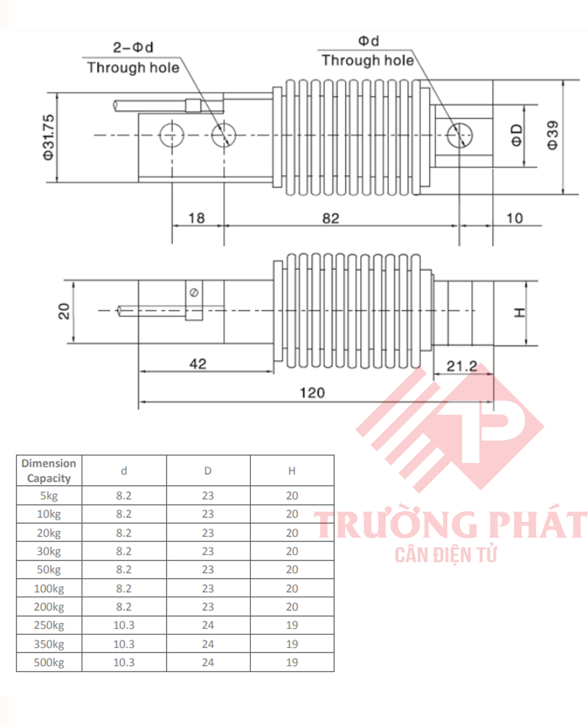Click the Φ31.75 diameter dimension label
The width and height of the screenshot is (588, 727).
48,137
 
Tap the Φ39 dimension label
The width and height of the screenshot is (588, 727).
553,135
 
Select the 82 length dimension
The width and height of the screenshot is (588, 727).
330,219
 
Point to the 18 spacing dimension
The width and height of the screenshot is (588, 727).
197,218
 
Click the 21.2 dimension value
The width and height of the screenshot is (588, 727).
461,366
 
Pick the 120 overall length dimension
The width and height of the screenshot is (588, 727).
312,393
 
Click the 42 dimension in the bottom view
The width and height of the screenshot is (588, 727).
198,364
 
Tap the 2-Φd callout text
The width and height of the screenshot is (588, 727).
133,47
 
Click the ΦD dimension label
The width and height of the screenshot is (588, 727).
517,135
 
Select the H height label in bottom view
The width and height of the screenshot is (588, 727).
520,313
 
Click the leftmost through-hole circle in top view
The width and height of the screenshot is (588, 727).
171,135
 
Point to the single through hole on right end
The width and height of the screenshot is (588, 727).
459,135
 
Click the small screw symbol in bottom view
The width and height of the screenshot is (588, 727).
194,293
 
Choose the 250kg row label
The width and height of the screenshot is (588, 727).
48,625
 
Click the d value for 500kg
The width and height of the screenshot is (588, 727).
124,663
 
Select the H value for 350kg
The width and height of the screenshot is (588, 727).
292,644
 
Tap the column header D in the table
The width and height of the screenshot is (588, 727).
208,471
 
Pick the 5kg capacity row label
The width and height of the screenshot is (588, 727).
48,496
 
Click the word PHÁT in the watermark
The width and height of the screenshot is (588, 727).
538,524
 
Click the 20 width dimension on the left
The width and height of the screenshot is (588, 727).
64,311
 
